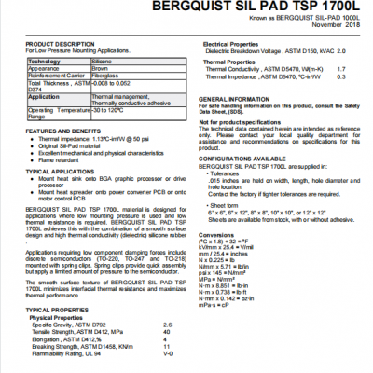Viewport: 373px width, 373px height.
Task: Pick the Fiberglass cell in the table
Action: click(x=107, y=76)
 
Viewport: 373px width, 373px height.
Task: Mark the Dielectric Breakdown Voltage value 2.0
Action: click(x=340, y=51)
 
